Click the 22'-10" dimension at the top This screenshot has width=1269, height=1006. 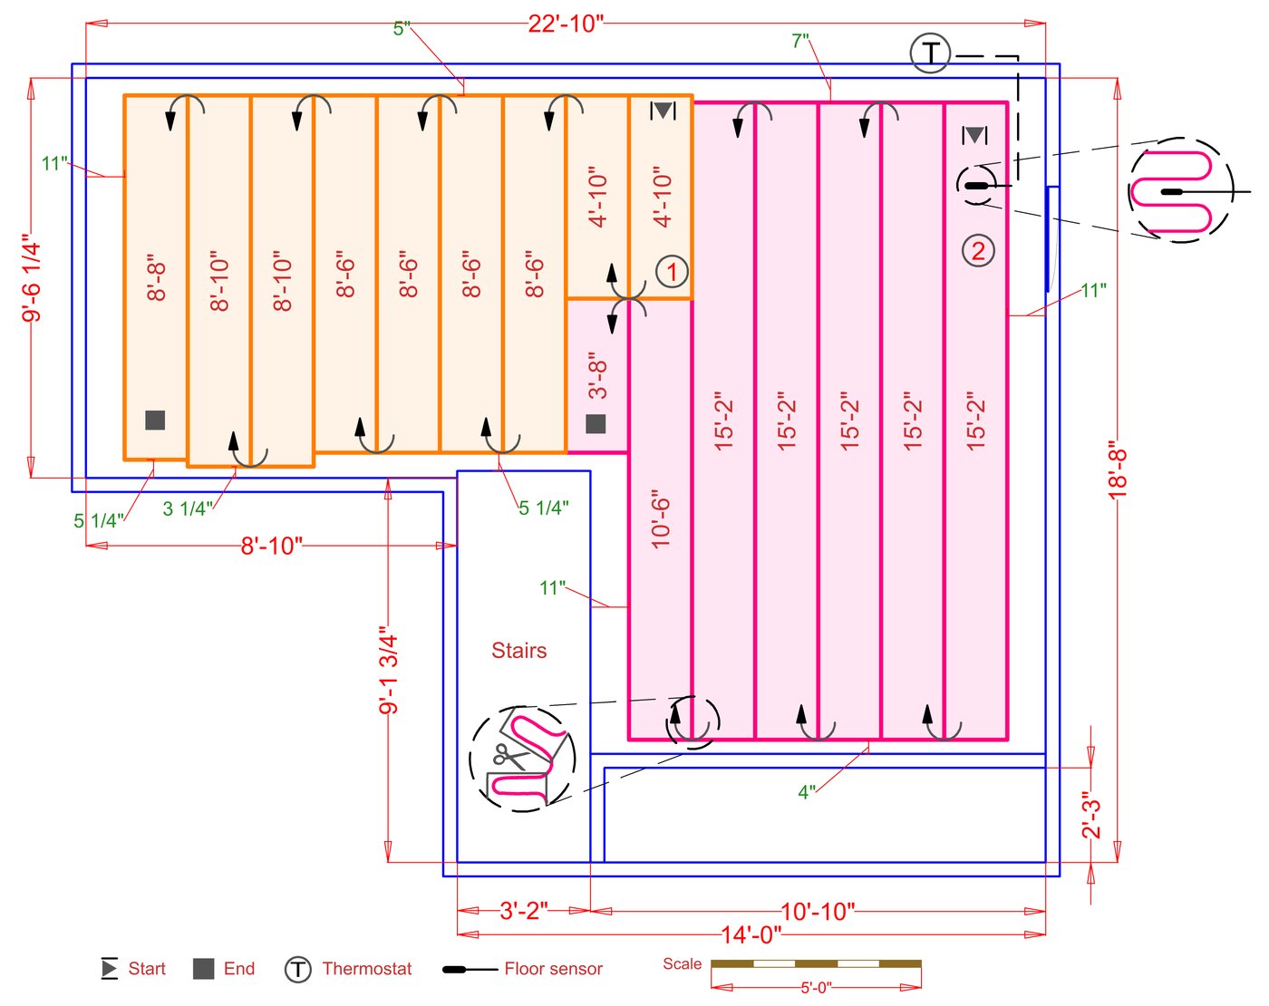pos(566,24)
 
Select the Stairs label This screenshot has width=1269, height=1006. pos(518,651)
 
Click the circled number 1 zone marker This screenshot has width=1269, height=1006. pos(672,271)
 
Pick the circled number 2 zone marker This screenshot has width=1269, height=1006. pos(978,250)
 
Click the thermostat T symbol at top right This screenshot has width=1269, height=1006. pos(930,53)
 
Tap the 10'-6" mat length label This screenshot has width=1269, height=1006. pos(661,521)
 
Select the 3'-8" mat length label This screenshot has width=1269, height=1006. pos(597,375)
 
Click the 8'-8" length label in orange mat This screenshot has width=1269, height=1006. pos(156,277)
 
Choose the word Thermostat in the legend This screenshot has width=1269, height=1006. pos(366,969)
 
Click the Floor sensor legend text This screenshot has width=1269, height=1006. pos(553,969)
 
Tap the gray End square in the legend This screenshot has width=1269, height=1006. pos(204,969)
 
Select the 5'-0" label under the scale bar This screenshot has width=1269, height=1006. pos(816,988)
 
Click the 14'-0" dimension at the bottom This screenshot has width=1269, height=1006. pos(751,934)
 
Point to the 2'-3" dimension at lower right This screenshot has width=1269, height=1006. pos(1091,816)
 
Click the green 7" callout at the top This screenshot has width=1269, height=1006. pos(800,41)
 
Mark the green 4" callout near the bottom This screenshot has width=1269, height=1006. pos(807,792)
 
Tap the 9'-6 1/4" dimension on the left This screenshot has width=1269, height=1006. pos(32,279)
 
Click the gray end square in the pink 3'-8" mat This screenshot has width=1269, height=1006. pos(596,423)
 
